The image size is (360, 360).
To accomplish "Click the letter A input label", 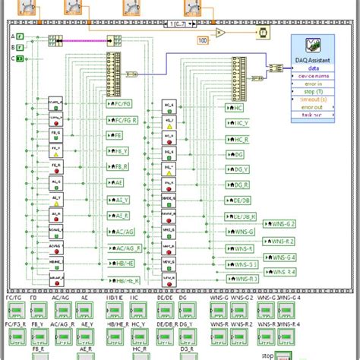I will (x=12, y=36).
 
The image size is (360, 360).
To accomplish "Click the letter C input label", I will (x=12, y=56).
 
